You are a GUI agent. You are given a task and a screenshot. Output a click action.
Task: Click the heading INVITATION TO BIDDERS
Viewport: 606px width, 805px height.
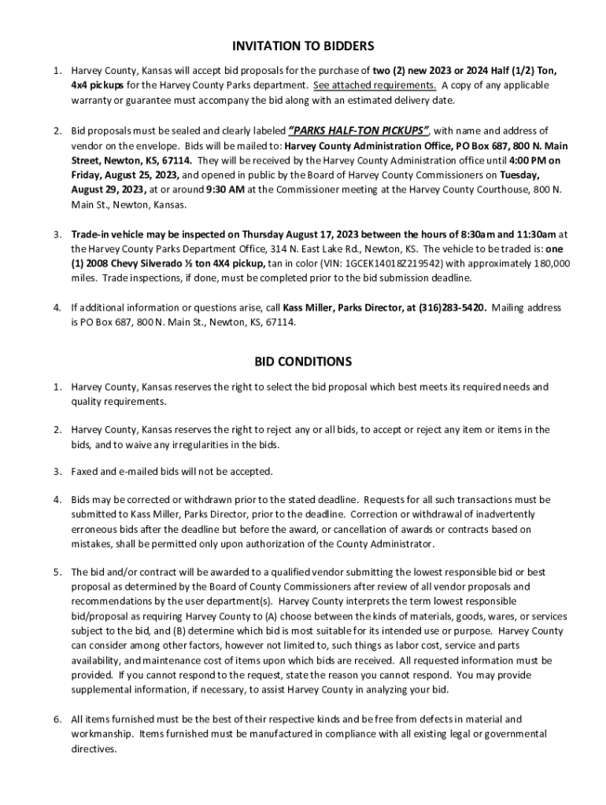point(302,46)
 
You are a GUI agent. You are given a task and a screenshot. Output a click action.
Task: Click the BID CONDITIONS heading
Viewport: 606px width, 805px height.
point(302,362)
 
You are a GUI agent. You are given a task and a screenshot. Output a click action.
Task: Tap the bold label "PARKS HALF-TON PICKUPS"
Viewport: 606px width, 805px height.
point(359,130)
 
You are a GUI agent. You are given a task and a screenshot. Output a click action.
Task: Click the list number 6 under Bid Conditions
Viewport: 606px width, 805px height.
point(57,719)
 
